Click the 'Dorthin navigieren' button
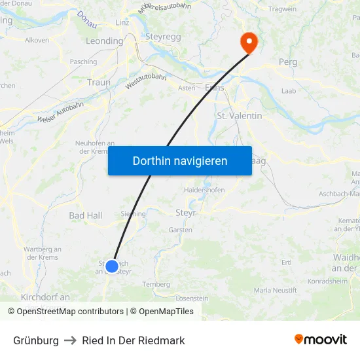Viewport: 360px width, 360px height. [x=180, y=160]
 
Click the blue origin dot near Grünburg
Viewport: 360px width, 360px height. [x=112, y=266]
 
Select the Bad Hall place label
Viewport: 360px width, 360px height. [x=86, y=215]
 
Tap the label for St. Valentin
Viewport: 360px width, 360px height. [x=239, y=116]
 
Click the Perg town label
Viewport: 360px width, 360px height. [x=288, y=62]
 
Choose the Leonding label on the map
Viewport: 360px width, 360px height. [x=104, y=41]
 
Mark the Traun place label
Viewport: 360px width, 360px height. [x=99, y=82]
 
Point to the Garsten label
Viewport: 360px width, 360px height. [x=180, y=230]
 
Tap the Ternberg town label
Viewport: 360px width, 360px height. [x=156, y=284]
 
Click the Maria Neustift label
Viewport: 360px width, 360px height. [x=276, y=289]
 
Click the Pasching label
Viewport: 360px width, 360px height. [x=83, y=62]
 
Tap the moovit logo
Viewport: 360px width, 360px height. [x=321, y=340]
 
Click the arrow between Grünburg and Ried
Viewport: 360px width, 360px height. [x=70, y=340]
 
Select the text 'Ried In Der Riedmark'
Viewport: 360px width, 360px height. [x=134, y=340]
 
